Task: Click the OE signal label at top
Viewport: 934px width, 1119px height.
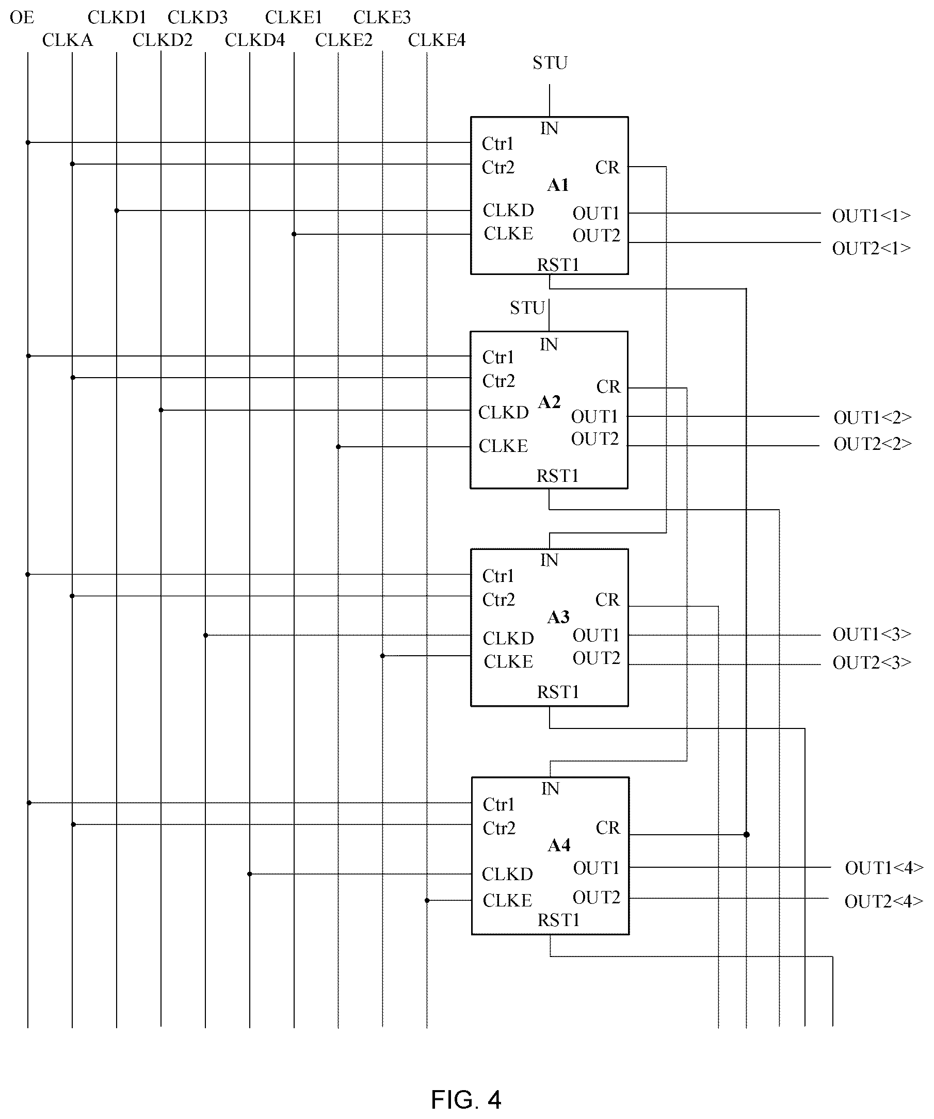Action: [22, 18]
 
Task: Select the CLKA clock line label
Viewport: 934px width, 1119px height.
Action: [68, 40]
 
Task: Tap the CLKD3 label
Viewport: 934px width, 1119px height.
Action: [198, 18]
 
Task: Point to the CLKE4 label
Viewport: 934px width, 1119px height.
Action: [437, 40]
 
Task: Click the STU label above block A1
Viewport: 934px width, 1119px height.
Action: [550, 63]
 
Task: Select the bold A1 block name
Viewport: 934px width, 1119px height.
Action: [558, 185]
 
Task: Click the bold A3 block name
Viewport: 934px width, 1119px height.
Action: [558, 617]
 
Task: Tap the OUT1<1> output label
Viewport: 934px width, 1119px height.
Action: [872, 216]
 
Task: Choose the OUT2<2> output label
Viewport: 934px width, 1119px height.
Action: [873, 444]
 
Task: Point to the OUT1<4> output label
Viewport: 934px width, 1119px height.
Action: [884, 868]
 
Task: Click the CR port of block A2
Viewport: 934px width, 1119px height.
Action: [608, 386]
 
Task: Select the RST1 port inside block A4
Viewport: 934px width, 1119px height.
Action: [558, 920]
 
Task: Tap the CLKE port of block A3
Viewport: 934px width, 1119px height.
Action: [509, 662]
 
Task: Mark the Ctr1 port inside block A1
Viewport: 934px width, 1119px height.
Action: [497, 143]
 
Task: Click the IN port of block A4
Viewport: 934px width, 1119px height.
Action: [550, 789]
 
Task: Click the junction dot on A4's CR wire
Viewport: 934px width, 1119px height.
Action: [746, 835]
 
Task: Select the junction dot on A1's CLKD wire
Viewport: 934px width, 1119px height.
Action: [117, 211]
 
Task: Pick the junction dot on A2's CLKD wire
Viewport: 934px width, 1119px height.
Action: [161, 410]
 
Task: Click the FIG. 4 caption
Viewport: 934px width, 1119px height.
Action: [466, 1099]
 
